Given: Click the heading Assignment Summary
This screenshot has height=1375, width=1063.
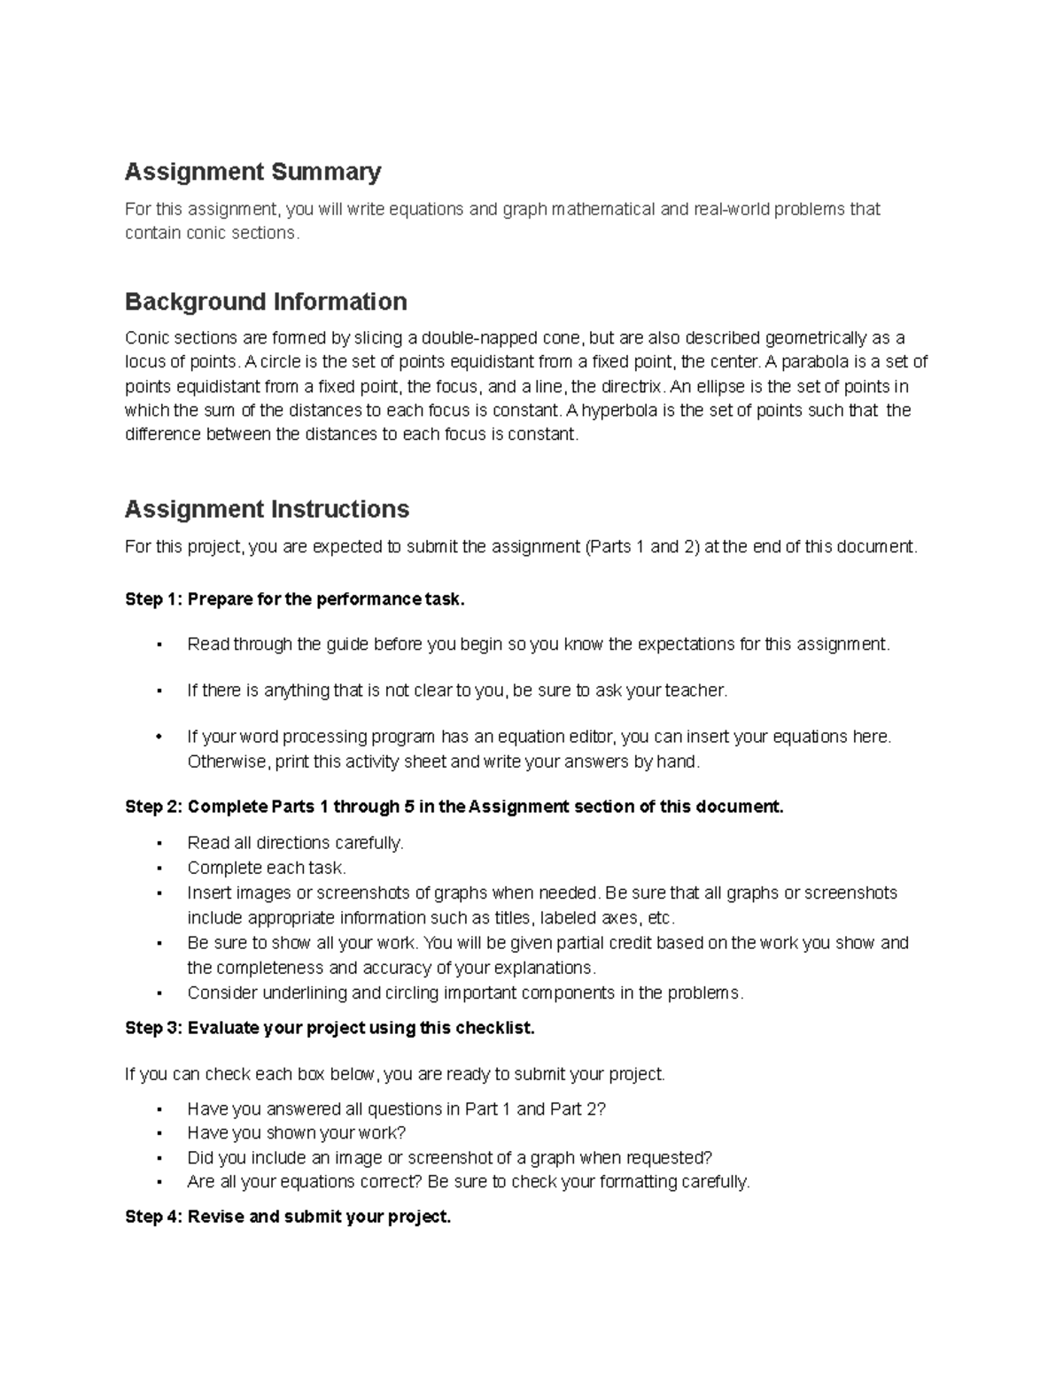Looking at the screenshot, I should [252, 172].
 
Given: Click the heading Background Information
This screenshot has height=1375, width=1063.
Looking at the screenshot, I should [266, 302].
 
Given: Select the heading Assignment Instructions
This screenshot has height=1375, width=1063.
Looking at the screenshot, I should [267, 509].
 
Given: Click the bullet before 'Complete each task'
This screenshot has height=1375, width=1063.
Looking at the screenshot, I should [159, 868].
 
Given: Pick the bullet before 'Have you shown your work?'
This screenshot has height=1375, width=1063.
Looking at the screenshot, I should [159, 1133].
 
